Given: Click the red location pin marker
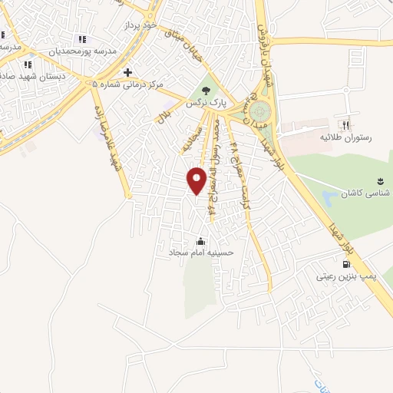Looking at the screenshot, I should point(197,180).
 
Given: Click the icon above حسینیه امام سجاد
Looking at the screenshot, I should point(201,240).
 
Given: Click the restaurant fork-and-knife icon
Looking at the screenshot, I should point(345,125).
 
